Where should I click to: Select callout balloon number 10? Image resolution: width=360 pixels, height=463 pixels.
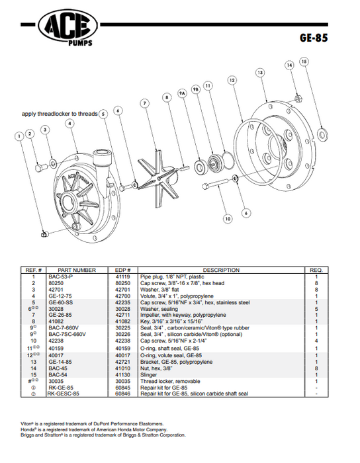coord(227,217)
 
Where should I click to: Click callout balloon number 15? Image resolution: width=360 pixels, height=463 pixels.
coord(304,62)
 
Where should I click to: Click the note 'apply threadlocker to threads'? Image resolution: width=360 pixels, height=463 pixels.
coord(59,113)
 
